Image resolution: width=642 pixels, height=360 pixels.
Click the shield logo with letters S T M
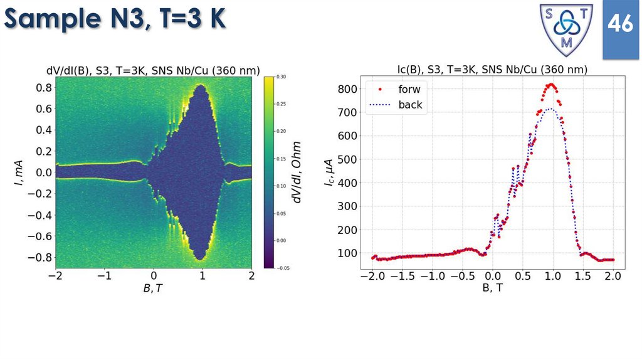[567, 29]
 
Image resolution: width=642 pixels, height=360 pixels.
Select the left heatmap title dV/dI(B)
[154, 70]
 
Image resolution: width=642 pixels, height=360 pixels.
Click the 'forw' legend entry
[409, 89]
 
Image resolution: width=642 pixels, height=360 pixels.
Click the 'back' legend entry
[410, 105]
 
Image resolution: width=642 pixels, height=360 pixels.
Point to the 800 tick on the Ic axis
[347, 89]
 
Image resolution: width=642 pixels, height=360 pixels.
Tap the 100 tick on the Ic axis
[347, 253]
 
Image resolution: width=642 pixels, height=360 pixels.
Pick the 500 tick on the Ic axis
[347, 159]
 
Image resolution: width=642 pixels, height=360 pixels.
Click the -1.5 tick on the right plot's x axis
[402, 277]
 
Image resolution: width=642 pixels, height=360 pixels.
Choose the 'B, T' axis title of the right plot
[492, 288]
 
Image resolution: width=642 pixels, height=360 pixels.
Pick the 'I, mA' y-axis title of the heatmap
[19, 172]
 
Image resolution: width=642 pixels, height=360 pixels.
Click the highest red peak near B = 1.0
[551, 84]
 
